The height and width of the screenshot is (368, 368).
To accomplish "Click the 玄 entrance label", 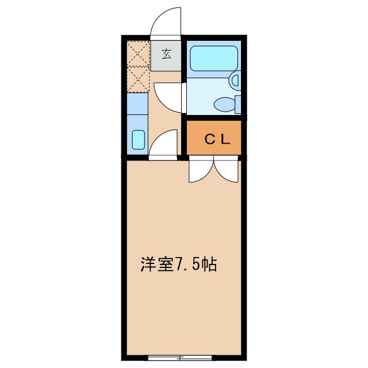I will [x=167, y=55].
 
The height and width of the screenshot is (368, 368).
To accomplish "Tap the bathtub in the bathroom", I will [x=213, y=58].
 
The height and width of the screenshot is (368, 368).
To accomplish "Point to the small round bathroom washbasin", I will [x=235, y=81].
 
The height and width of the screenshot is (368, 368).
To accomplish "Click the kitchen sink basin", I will [x=139, y=140].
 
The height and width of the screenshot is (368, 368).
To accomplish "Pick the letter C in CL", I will [x=210, y=139].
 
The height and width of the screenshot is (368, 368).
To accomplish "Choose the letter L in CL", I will [x=226, y=139].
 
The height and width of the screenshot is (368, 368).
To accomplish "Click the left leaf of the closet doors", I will [x=201, y=171].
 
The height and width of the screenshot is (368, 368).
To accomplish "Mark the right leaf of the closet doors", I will [x=226, y=171].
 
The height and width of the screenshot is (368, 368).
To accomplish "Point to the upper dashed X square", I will [x=138, y=53].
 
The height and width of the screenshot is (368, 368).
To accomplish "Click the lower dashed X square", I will [x=138, y=79].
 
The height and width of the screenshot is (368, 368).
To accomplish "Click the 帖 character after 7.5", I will [x=209, y=265].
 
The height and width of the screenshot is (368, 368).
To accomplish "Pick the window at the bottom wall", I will [x=180, y=357].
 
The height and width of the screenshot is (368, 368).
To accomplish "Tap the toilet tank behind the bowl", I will [x=238, y=105].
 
